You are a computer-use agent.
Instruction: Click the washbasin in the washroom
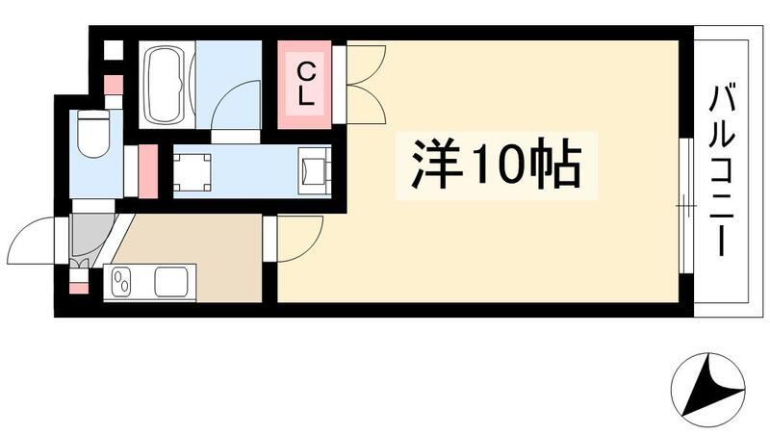315,170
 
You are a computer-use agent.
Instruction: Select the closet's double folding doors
364,83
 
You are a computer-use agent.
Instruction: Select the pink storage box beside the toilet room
147,169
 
